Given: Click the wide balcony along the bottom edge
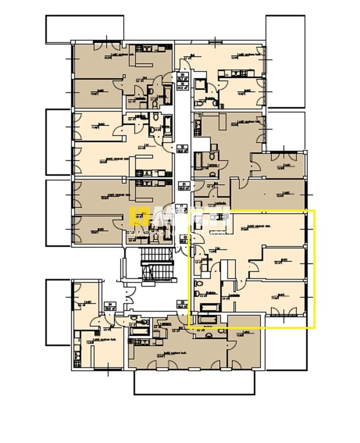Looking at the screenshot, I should [x=195, y=382].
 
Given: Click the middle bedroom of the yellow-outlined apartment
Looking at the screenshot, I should [x=284, y=263].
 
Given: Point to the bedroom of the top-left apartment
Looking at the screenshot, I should [x=96, y=89].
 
